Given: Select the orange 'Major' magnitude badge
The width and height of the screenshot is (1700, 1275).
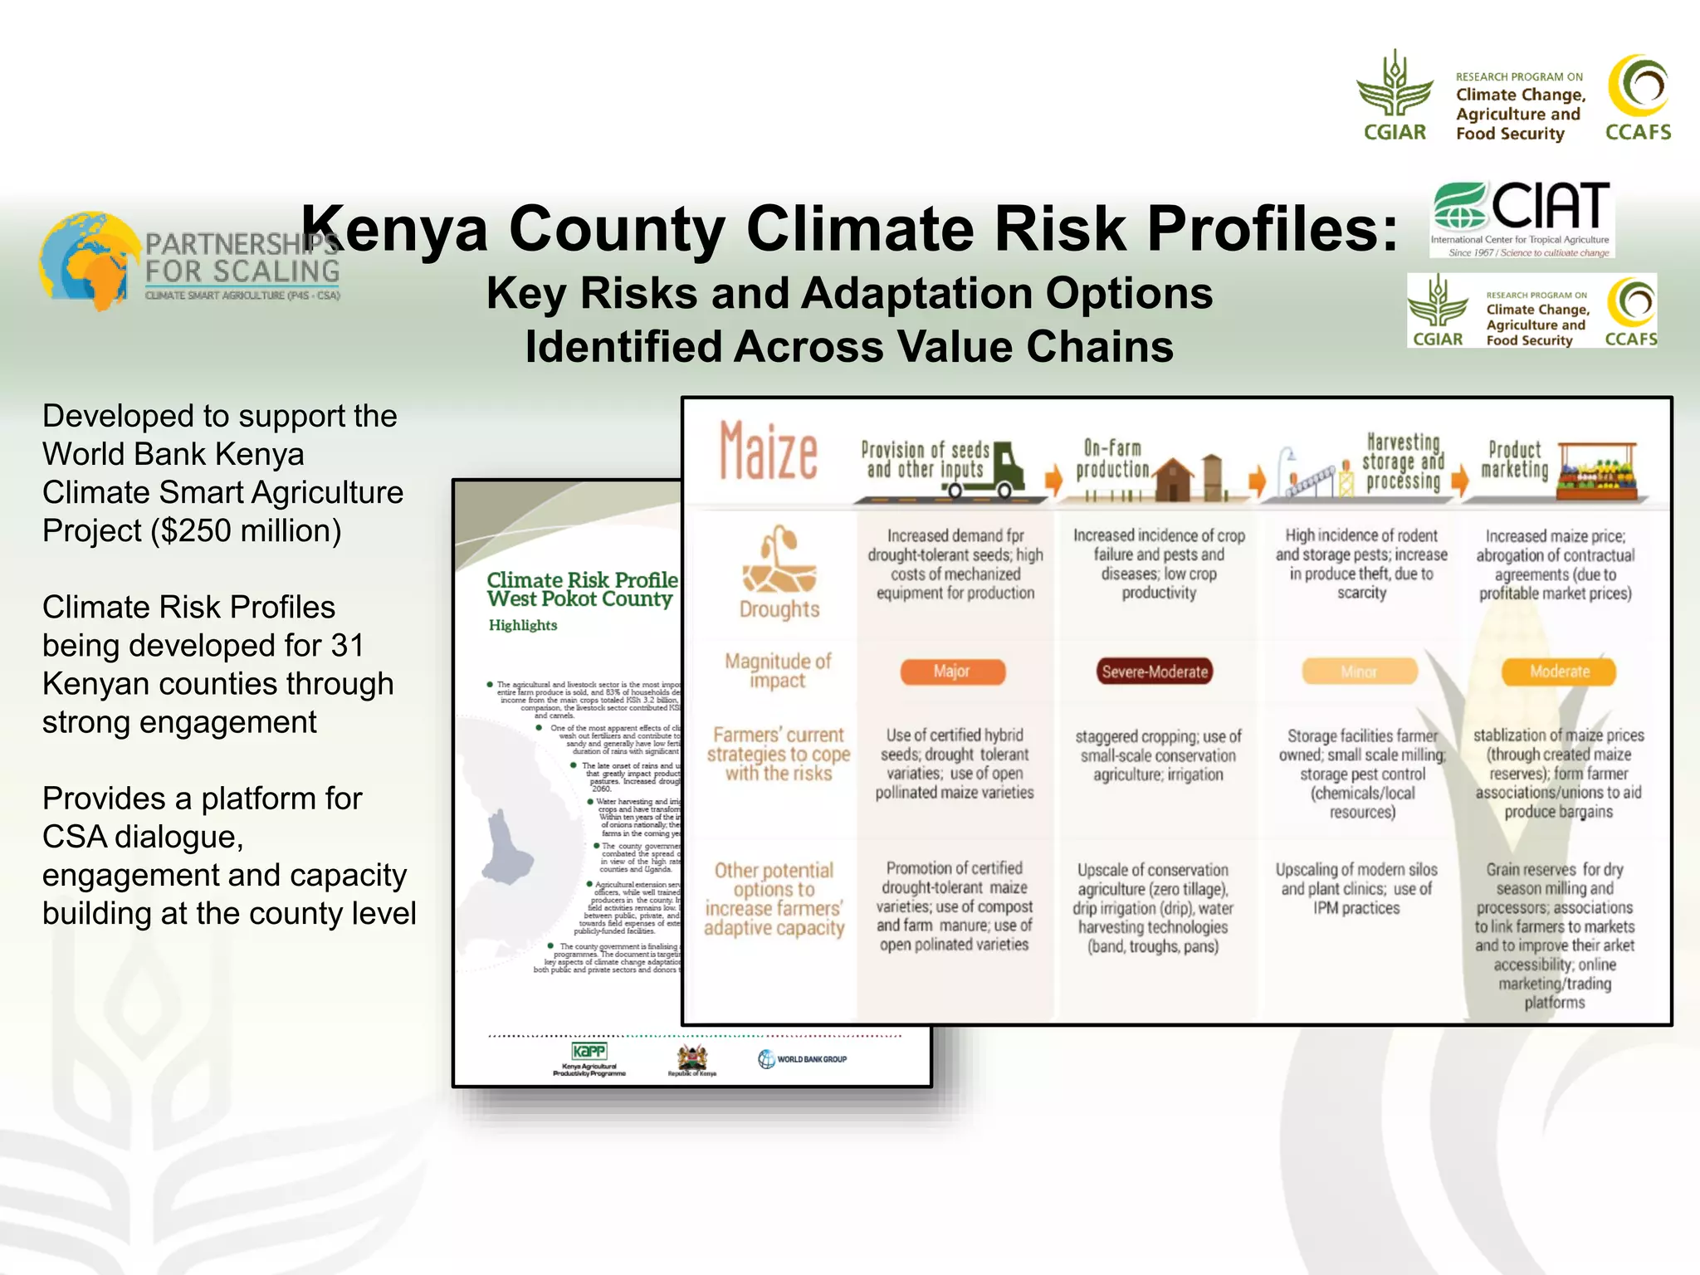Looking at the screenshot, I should tap(952, 672).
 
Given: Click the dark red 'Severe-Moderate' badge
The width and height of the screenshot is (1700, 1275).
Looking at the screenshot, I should tap(1155, 672).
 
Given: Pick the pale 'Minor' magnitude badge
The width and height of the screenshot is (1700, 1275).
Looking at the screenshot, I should tap(1359, 672).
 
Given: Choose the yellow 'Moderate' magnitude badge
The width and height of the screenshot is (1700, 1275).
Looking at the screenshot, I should tap(1559, 672).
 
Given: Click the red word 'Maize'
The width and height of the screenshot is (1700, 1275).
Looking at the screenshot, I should tap(768, 452).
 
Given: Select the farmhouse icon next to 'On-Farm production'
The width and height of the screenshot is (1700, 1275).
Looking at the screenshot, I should tap(1172, 478).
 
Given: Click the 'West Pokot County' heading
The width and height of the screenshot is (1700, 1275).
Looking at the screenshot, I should tap(579, 599).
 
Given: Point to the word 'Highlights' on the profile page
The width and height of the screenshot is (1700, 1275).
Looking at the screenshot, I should tap(523, 626).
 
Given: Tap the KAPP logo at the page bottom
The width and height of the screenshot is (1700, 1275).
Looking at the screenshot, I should tap(589, 1053).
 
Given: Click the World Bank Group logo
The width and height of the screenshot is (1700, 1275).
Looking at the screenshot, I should tap(802, 1059).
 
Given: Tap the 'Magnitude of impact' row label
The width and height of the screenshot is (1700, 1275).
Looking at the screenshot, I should tap(778, 671).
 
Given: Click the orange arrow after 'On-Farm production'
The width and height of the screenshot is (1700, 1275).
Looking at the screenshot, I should tap(1257, 479).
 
